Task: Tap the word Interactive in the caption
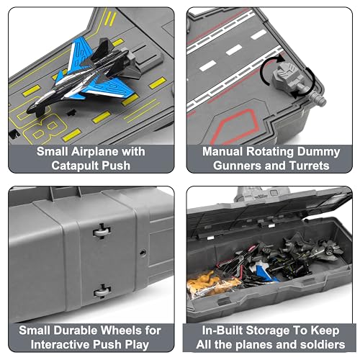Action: (x=60, y=345)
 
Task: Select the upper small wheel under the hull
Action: (x=102, y=231)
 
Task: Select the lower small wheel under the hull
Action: (x=102, y=292)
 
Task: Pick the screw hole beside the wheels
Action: (x=143, y=253)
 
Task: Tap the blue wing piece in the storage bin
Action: (x=264, y=273)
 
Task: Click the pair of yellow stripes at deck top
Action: (x=111, y=19)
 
